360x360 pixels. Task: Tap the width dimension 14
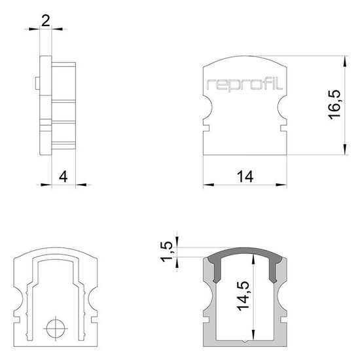[245, 175]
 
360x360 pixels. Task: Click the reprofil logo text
[244, 84]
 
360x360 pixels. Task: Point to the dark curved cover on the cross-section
[245, 255]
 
